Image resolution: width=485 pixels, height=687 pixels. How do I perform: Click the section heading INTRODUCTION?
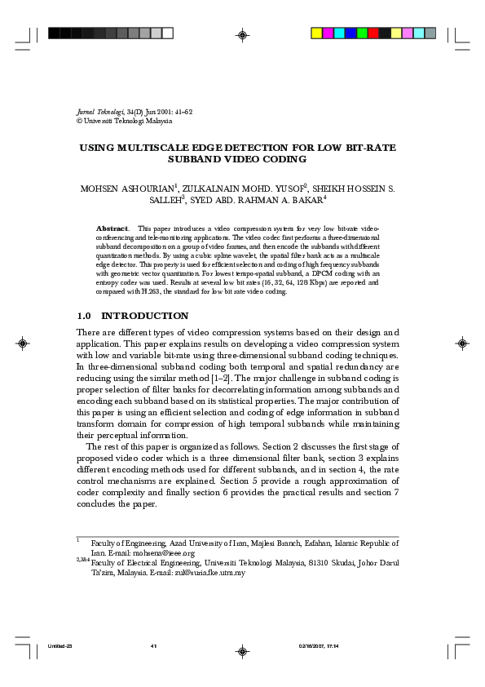pos(144,316)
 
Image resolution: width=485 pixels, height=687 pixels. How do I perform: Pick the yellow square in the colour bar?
pos(317,33)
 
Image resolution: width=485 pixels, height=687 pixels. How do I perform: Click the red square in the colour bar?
pos(373,33)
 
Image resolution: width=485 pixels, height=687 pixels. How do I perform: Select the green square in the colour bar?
pos(362,33)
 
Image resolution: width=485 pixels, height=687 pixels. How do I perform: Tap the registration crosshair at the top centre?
pos(242,34)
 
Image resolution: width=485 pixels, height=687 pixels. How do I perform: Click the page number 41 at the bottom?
pos(153,645)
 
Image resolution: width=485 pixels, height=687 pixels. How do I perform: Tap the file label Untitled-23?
pos(60,645)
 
